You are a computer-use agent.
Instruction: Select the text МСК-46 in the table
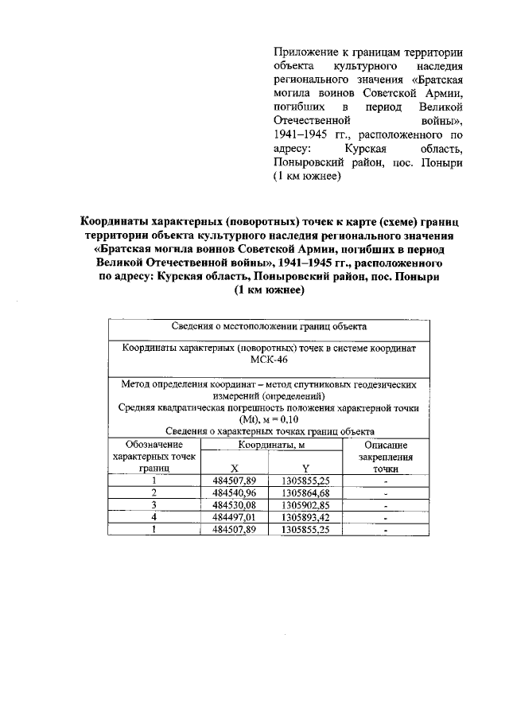pos(268,360)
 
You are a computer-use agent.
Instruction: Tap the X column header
pos(235,469)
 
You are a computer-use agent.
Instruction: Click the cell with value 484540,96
pos(235,492)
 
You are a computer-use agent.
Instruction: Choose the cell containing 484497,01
pos(235,516)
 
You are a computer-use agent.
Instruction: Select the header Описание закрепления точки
pos(386,457)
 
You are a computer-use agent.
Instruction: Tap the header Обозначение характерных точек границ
pos(154,457)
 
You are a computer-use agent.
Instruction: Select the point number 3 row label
pos(154,504)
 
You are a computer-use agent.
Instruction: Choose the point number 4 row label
pos(154,516)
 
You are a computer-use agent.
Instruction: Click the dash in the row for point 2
pos(386,493)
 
